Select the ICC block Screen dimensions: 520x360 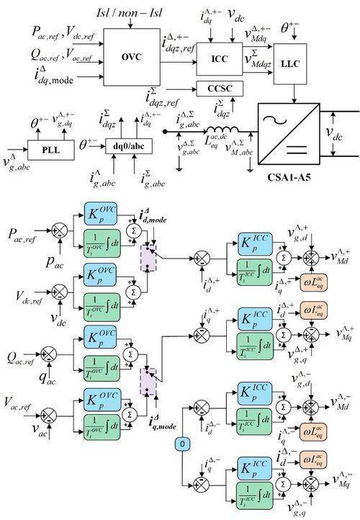[220, 57]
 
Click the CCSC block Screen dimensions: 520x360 [220, 89]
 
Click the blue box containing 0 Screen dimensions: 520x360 [184, 444]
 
